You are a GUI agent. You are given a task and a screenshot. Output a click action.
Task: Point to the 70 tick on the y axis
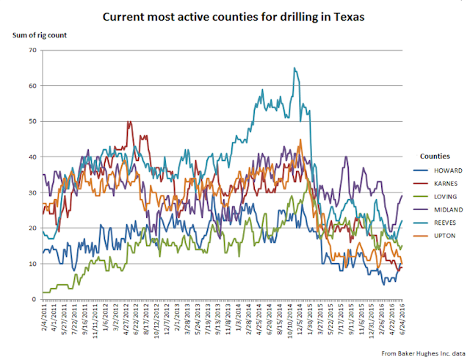pos(32,50)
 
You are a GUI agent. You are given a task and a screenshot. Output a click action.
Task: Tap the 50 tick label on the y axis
pos(32,121)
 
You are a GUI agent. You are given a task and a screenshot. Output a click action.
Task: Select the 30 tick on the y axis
pos(32,192)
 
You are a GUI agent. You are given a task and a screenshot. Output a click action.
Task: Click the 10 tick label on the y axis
pos(32,264)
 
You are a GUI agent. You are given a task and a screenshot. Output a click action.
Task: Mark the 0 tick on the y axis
pos(34,300)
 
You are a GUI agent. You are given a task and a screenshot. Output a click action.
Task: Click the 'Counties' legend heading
pos(435,156)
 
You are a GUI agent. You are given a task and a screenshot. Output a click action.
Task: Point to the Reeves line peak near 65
pos(294,68)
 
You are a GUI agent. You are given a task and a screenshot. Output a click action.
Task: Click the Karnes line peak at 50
pos(130,122)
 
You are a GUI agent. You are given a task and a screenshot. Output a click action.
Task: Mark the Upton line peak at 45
pos(300,140)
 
